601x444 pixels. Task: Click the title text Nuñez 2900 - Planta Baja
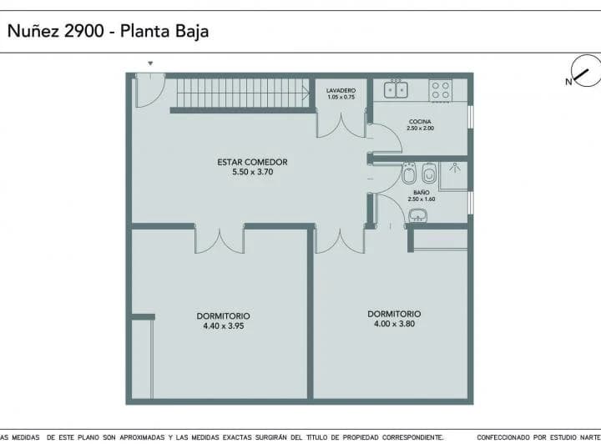tap(108, 32)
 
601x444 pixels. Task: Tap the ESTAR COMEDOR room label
tap(252, 162)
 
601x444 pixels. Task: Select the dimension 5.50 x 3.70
tap(253, 172)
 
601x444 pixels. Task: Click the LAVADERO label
tap(341, 90)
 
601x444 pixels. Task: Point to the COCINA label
tap(420, 122)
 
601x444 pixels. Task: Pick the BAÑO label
tap(422, 192)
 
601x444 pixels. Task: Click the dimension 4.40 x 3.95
tap(224, 326)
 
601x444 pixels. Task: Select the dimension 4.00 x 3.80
tap(394, 324)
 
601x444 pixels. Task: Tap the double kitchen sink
tap(396, 89)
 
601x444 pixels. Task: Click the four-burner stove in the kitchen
tap(441, 91)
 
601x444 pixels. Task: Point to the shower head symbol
tap(455, 168)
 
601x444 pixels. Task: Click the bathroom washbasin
tap(418, 215)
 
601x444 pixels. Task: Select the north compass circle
tap(586, 71)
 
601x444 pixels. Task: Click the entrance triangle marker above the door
tap(150, 63)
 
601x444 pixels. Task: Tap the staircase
tap(243, 93)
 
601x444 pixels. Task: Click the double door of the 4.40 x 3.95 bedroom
tap(220, 240)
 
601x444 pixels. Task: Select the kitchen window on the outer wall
tap(471, 117)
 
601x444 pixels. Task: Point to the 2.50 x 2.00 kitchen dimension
tap(420, 129)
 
